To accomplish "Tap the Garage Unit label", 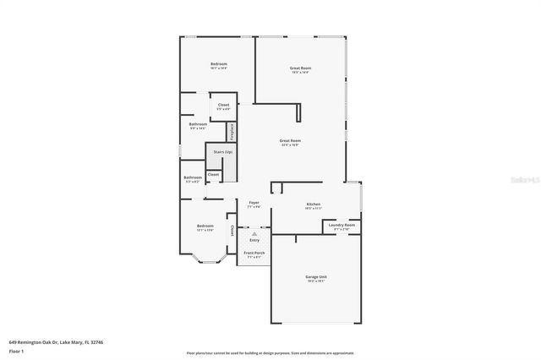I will click(x=315, y=277).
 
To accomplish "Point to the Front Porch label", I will click(x=254, y=254).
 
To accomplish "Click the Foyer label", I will click(x=254, y=203).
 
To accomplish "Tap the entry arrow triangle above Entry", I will click(x=254, y=233).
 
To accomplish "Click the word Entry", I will click(x=254, y=240).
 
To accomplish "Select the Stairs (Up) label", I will click(x=222, y=152).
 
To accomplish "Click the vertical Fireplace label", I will click(x=231, y=133).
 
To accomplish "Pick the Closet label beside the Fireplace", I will click(x=223, y=105).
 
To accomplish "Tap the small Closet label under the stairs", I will click(x=213, y=174).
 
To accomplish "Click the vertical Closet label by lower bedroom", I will click(x=232, y=230).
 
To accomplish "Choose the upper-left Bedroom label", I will click(x=219, y=64).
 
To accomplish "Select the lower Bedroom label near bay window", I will click(x=205, y=226).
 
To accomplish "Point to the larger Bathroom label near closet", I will click(x=199, y=125).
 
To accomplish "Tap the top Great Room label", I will click(x=300, y=68).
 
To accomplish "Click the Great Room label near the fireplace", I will click(x=291, y=141).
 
